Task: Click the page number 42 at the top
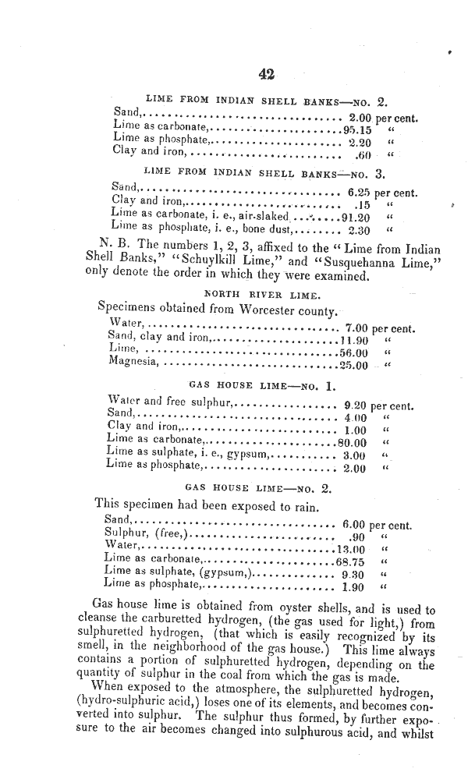coord(266,74)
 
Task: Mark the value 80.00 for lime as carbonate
coord(352,442)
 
